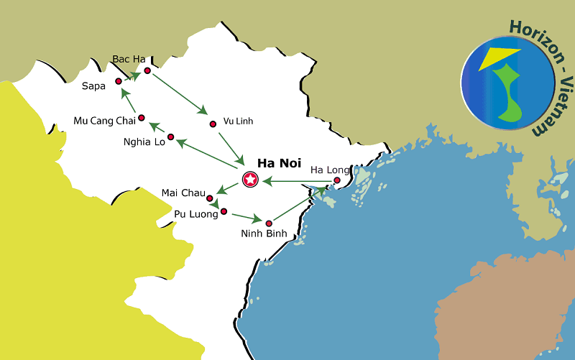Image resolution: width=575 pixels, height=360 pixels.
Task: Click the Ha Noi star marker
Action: [x=250, y=180]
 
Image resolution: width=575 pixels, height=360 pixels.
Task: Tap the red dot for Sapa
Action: [x=119, y=81]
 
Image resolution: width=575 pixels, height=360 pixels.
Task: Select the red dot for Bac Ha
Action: [x=147, y=70]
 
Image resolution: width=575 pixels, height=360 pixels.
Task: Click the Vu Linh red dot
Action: [x=213, y=124]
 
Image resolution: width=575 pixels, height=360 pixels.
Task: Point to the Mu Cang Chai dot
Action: [x=142, y=118]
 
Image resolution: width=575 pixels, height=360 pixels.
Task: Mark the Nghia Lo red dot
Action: [x=171, y=137]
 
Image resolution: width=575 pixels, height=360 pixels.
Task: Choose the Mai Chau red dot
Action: [x=210, y=198]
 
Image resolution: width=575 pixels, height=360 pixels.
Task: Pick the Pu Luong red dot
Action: [x=224, y=211]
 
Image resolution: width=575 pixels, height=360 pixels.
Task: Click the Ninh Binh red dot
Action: [x=270, y=223]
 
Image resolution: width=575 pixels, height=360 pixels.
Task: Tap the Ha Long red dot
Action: [x=337, y=180]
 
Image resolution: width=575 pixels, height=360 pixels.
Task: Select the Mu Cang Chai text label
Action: [x=104, y=120]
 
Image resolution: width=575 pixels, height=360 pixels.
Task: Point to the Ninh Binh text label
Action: [x=264, y=234]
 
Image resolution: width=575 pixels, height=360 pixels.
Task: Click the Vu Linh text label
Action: [x=238, y=121]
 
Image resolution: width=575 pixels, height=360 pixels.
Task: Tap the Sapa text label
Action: [x=93, y=86]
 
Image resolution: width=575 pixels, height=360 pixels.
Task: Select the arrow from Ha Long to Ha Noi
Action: [x=298, y=181]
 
